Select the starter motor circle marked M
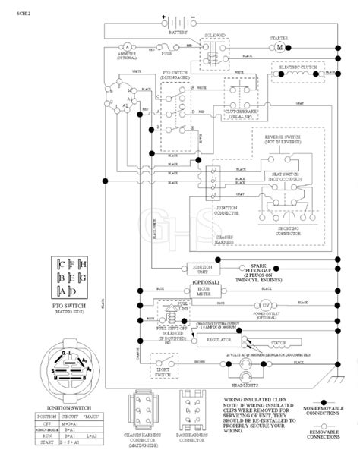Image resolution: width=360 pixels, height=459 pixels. coord(279,47)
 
